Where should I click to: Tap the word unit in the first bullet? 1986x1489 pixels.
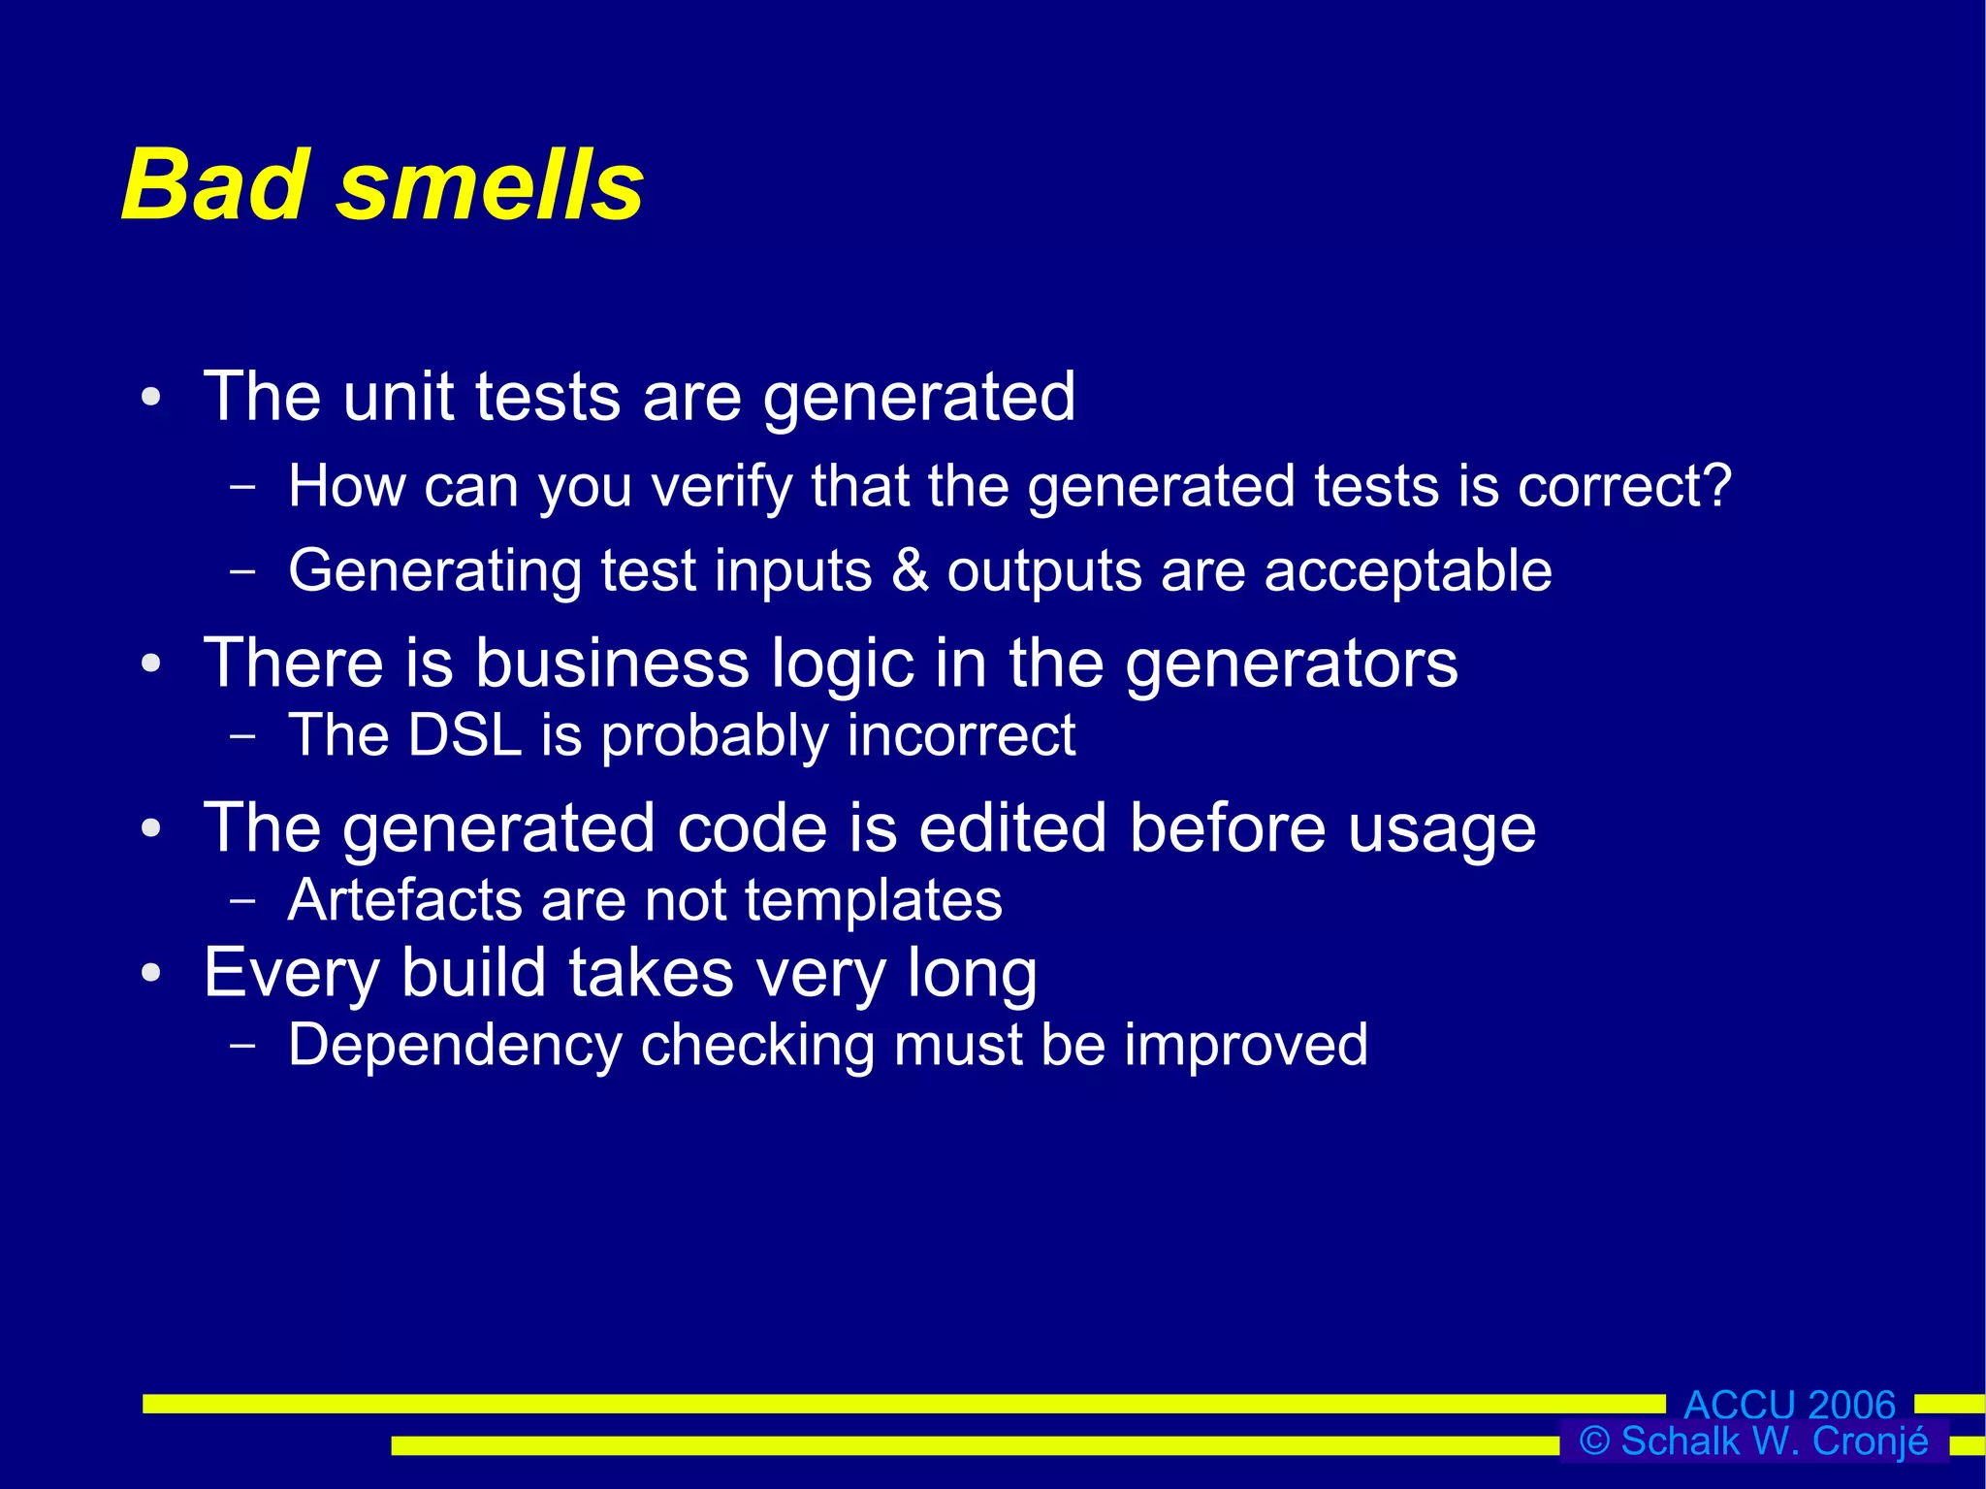pos(398,397)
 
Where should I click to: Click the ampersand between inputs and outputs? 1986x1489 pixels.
pos(910,569)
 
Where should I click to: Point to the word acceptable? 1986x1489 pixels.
pos(1408,570)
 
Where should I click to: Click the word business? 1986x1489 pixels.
pos(612,664)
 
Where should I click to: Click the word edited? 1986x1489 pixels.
pos(1012,828)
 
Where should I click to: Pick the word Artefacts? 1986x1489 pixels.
pos(405,900)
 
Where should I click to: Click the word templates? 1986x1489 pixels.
pos(874,901)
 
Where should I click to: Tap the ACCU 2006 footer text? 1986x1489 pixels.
pos(1789,1405)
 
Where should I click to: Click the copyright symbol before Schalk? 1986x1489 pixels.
pos(1594,1441)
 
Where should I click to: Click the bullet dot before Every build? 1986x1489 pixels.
pos(150,973)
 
